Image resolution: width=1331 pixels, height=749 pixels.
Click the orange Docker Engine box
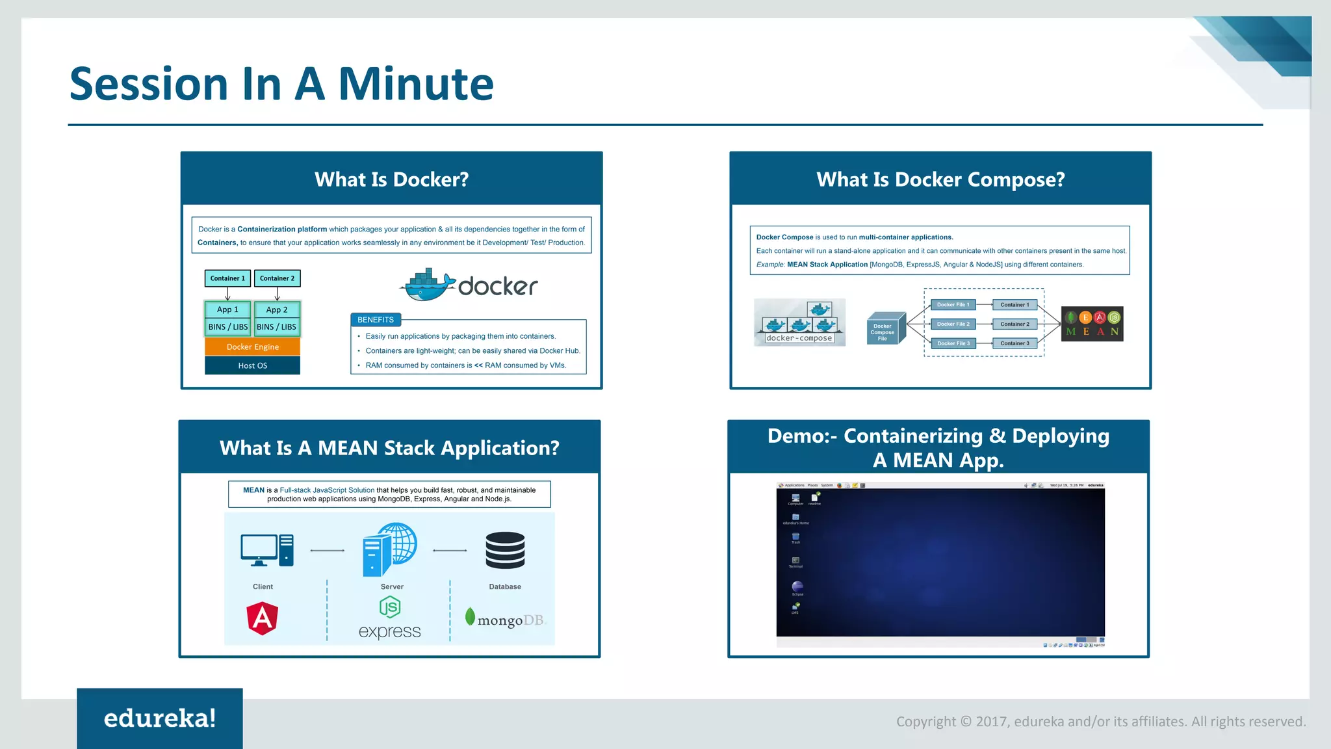point(252,347)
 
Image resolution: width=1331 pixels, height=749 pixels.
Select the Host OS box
point(252,365)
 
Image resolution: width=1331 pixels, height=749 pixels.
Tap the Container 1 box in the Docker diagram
point(227,278)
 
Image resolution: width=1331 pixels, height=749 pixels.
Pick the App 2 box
point(277,309)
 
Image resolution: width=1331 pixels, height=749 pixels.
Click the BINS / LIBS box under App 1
point(227,326)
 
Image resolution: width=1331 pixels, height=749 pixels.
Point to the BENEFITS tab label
point(376,319)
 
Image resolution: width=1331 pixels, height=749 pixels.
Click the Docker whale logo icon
point(427,285)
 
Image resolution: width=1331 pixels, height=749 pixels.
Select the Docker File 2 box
point(953,324)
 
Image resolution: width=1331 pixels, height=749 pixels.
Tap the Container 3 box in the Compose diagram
point(1014,343)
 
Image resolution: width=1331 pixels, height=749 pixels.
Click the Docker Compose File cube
point(884,329)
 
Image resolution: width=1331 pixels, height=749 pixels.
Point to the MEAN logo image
point(1092,324)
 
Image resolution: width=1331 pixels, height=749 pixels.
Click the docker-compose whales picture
point(799,322)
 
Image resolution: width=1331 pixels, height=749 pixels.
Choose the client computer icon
point(266,550)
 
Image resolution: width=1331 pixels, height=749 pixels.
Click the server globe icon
point(389,549)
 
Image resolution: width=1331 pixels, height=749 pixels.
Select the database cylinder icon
point(505,550)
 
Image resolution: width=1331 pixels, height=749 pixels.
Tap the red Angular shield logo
point(263,618)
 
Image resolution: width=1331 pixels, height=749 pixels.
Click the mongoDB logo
point(506,618)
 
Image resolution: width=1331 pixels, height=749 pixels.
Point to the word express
point(390,631)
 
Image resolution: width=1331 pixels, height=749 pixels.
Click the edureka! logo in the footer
point(160,718)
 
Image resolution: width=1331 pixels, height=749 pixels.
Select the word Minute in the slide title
point(416,84)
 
